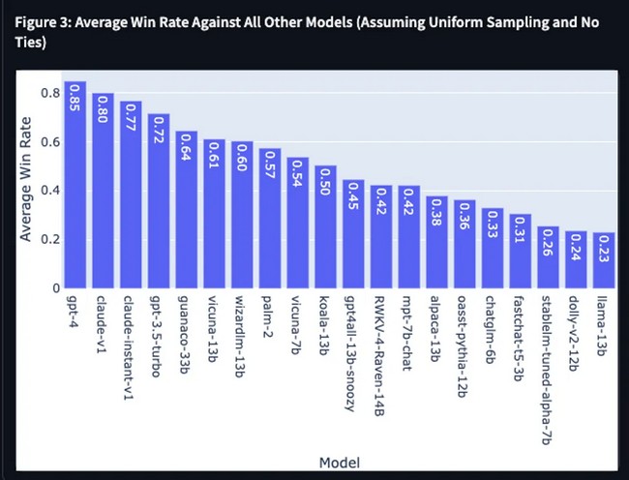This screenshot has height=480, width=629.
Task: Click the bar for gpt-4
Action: pos(75,185)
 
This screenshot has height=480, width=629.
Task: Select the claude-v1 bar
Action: pos(104,191)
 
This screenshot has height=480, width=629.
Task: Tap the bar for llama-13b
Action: pos(604,260)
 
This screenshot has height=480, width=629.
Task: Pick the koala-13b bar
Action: pos(326,226)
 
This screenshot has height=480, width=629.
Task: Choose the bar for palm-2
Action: pos(270,218)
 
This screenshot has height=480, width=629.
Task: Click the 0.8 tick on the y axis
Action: pos(50,93)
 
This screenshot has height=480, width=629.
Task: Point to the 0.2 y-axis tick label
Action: pos(50,239)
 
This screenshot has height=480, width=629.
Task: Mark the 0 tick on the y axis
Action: pos(56,288)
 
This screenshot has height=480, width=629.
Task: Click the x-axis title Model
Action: pos(340,463)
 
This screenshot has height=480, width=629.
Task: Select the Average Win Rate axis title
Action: pos(25,179)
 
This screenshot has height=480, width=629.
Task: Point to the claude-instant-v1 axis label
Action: pos(128,347)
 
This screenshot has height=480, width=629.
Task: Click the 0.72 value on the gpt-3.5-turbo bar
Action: pos(159,130)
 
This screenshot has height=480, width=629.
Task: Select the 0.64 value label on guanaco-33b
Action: pos(187,147)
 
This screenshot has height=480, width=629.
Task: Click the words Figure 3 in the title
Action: pos(43,22)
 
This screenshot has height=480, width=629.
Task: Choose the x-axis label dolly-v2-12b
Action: pos(575,333)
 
